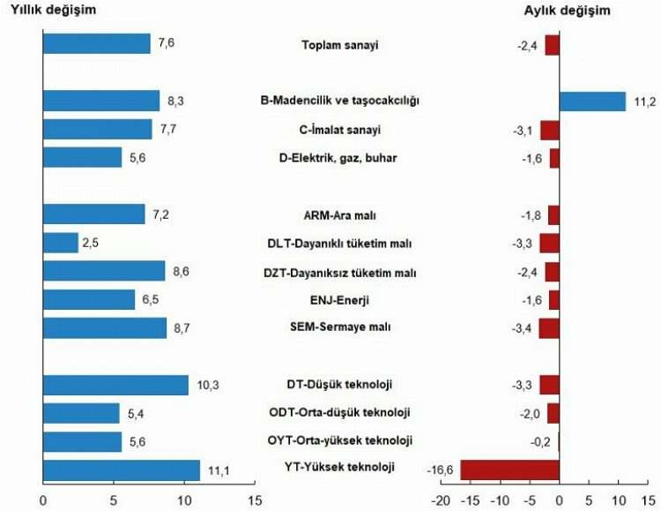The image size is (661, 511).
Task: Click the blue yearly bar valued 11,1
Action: pyautogui.click(x=122, y=470)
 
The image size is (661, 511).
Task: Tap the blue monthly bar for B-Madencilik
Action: pyautogui.click(x=592, y=101)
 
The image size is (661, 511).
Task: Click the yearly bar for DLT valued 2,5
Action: pyautogui.click(x=60, y=243)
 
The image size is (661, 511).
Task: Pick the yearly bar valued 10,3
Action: pyautogui.click(x=115, y=385)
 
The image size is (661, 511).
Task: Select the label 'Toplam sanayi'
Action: pyautogui.click(x=339, y=45)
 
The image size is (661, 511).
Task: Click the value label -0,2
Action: pyautogui.click(x=542, y=441)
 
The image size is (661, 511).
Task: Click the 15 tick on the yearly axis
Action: pyautogui.click(x=256, y=500)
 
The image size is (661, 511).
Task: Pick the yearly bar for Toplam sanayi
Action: pyautogui.click(x=96, y=44)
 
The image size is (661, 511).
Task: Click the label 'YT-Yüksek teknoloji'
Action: pyautogui.click(x=339, y=467)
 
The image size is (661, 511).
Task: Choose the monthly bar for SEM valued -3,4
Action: pyautogui.click(x=549, y=328)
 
